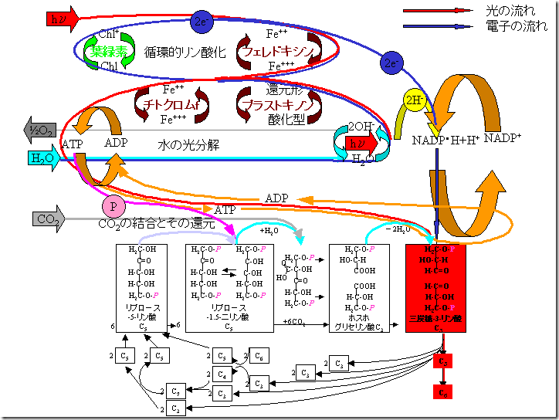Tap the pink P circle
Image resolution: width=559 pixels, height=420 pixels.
click(113, 206)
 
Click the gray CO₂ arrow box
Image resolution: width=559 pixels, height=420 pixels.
click(48, 218)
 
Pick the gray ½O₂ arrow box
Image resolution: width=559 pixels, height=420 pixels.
click(39, 130)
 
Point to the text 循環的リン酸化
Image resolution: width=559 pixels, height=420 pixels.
click(185, 52)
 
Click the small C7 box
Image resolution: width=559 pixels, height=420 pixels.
click(177, 391)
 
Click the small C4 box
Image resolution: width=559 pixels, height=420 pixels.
click(222, 375)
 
